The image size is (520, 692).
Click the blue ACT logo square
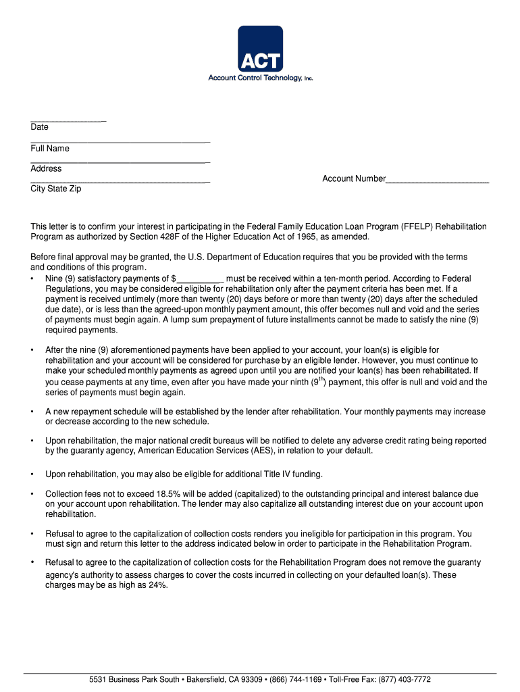tap(260, 48)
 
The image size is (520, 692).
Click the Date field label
tap(39, 128)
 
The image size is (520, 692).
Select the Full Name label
tap(50, 149)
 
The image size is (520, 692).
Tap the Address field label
tap(46, 169)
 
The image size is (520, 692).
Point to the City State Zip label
tap(56, 189)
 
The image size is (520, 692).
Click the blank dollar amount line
tap(200, 279)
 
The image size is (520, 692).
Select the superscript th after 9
tap(322, 378)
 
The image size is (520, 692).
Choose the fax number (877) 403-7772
tap(404, 680)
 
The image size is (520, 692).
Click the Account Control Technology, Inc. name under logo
tap(260, 78)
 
